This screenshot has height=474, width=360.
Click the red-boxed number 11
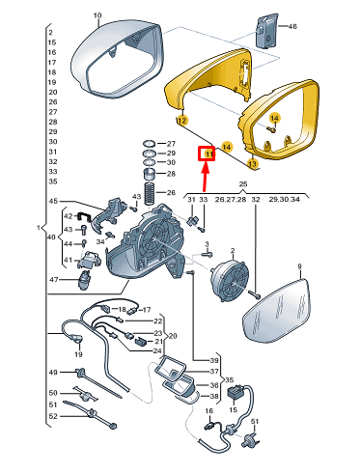pos(209,154)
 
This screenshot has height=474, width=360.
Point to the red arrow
pos(205,176)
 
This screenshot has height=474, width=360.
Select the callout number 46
pos(292,26)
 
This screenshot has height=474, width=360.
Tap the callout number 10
pos(97,15)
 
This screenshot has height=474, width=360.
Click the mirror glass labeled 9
pos(277,311)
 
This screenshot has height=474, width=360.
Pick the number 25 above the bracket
pos(243,184)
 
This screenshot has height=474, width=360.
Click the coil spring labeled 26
pos(150,193)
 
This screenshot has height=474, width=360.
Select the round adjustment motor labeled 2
pos(230,279)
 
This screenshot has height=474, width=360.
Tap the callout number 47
pos(54,280)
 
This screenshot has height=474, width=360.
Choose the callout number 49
pos(53,373)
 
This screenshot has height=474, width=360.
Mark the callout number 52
pos(53,416)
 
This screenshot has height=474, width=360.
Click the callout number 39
pos(214,360)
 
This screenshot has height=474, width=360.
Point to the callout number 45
pos(53,201)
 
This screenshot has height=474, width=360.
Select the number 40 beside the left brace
pos(51,237)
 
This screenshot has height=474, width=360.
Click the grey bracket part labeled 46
pos(266,31)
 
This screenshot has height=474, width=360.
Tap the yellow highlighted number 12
pos(181,121)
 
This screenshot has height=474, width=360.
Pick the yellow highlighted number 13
pos(253,164)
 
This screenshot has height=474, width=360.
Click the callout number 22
pos(157,321)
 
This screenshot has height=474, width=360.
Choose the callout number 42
pos(68,216)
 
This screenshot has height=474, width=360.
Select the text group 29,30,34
pos(284,200)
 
